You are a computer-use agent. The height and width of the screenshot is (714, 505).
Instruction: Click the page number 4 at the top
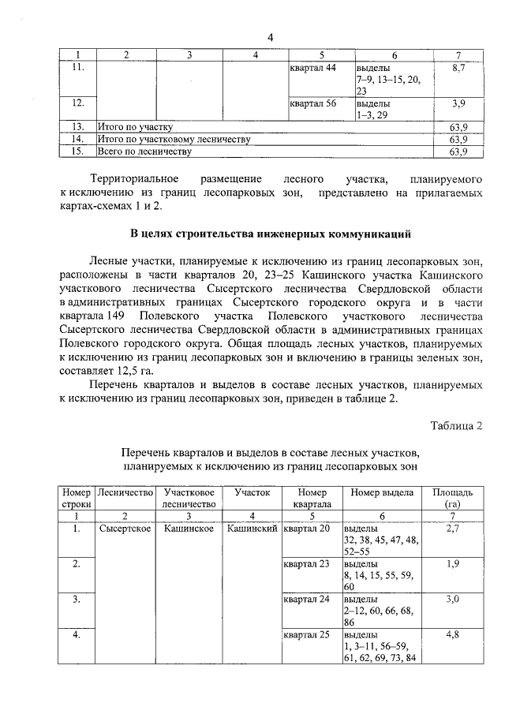270,37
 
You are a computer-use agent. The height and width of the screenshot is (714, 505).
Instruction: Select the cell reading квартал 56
313,103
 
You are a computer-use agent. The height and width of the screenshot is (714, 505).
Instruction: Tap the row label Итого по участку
135,126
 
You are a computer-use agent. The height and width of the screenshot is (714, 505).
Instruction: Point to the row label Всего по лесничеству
144,151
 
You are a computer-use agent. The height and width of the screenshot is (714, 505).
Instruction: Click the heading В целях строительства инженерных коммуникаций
270,234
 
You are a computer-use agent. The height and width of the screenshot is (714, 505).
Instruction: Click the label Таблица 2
455,427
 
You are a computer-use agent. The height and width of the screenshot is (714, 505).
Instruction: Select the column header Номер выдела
382,492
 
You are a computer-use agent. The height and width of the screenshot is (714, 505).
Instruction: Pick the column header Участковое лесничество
189,498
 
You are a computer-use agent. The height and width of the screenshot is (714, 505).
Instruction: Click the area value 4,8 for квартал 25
452,634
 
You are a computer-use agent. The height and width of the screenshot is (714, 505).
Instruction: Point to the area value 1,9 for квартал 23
452,564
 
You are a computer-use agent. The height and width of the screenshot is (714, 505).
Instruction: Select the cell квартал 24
311,600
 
